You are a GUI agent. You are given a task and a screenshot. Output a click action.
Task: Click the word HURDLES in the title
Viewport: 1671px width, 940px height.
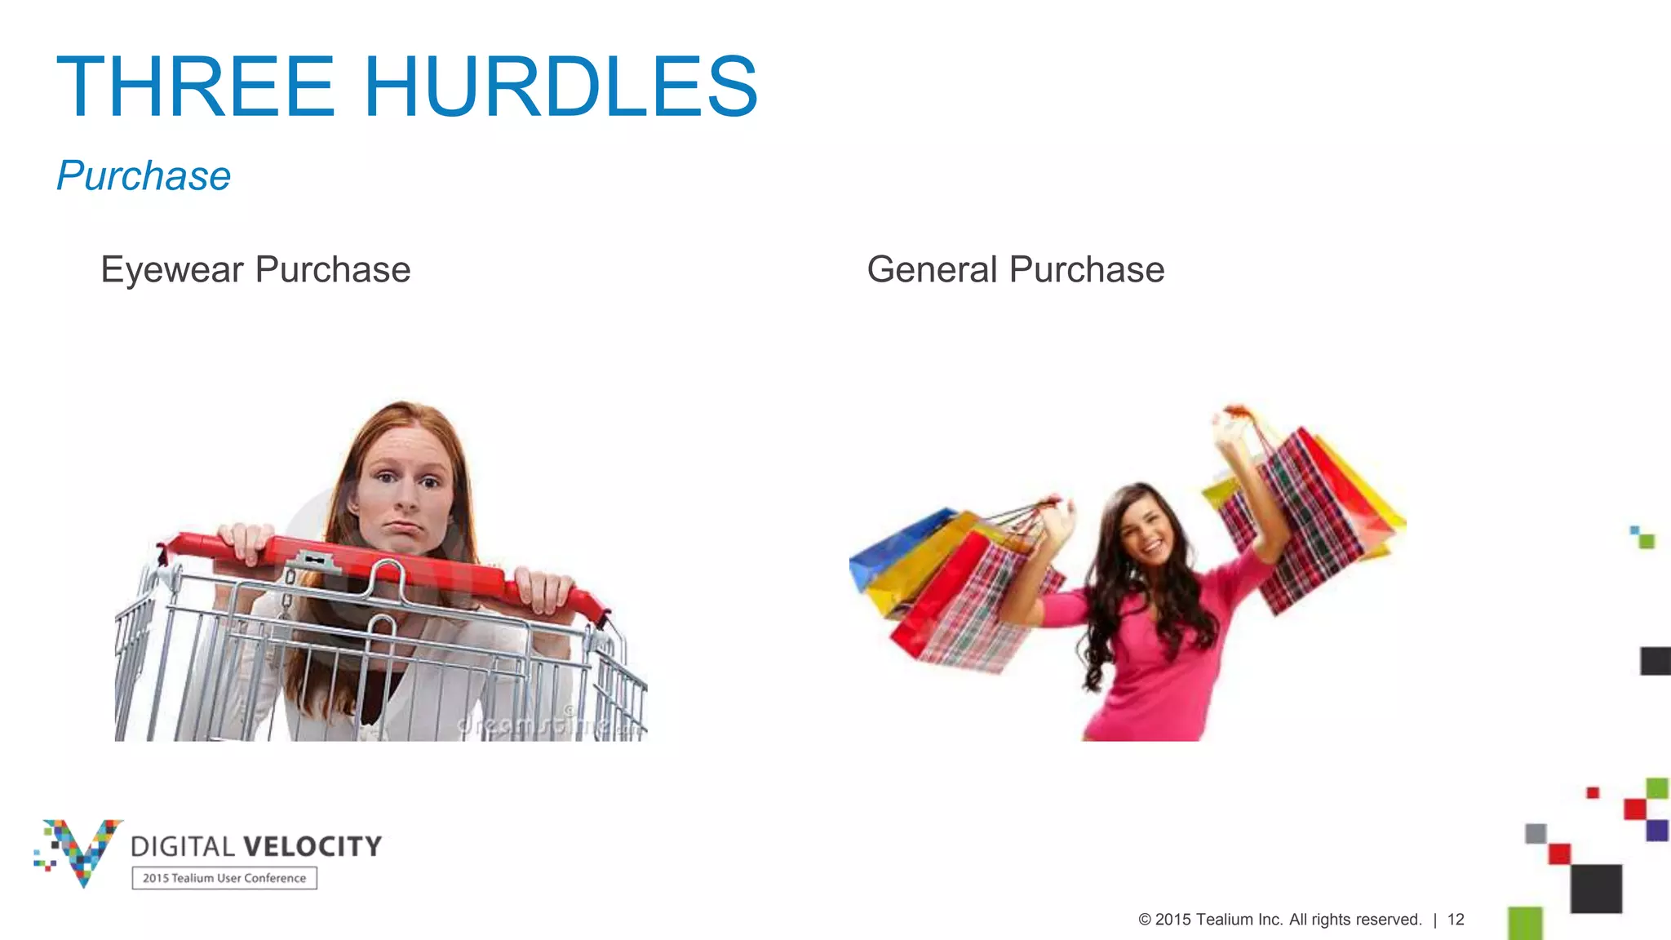561,86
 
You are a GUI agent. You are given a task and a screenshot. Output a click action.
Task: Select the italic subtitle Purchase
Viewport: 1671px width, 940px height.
144,175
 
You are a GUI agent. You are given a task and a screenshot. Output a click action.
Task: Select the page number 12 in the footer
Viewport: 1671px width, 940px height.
1456,920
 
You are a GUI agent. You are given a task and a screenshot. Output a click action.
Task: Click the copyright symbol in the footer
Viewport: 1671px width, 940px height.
1145,920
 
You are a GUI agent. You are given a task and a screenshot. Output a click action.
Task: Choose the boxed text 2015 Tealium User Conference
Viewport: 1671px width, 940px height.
224,878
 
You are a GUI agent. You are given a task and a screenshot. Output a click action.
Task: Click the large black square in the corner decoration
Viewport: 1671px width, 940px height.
1596,889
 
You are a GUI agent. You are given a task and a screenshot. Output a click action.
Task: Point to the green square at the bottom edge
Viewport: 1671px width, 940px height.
1525,924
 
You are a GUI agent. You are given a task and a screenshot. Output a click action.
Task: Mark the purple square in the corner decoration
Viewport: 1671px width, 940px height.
1657,830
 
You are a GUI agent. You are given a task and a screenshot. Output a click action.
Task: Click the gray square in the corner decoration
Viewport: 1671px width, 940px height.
1536,833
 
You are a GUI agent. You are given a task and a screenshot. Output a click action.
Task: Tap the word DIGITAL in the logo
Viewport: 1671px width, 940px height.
183,847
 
